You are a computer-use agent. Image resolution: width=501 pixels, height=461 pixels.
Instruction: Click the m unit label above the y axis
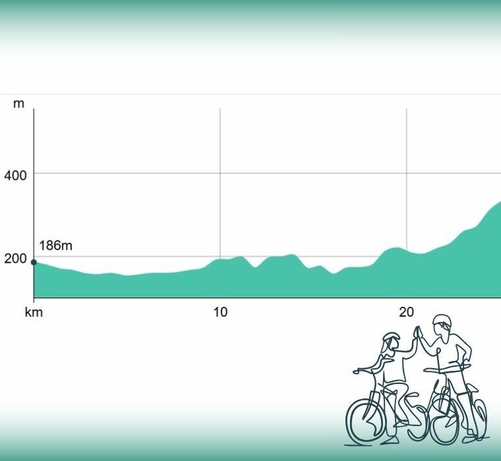18,103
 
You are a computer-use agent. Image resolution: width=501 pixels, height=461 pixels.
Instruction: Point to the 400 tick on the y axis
15,176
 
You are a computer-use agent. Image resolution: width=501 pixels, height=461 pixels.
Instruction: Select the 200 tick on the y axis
15,259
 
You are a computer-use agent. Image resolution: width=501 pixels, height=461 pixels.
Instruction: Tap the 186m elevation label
55,246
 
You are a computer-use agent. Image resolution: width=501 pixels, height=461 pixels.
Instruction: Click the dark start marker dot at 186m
34,262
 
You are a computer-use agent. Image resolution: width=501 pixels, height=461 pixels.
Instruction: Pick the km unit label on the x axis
34,312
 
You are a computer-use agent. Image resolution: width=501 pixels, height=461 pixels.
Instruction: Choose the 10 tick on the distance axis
220,312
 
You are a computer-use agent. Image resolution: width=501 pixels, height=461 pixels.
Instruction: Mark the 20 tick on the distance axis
406,312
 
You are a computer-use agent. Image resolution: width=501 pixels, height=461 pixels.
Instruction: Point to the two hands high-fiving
417,331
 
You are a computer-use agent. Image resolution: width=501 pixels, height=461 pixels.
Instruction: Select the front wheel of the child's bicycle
365,420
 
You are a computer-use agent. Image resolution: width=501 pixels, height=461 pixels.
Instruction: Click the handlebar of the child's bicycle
361,370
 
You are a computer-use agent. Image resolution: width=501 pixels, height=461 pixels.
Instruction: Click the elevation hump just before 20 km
394,248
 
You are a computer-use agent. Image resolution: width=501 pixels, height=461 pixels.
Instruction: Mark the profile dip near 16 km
334,272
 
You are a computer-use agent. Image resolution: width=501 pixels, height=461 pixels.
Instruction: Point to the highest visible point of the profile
499,202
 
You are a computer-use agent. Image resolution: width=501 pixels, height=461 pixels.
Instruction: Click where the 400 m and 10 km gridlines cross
220,174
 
